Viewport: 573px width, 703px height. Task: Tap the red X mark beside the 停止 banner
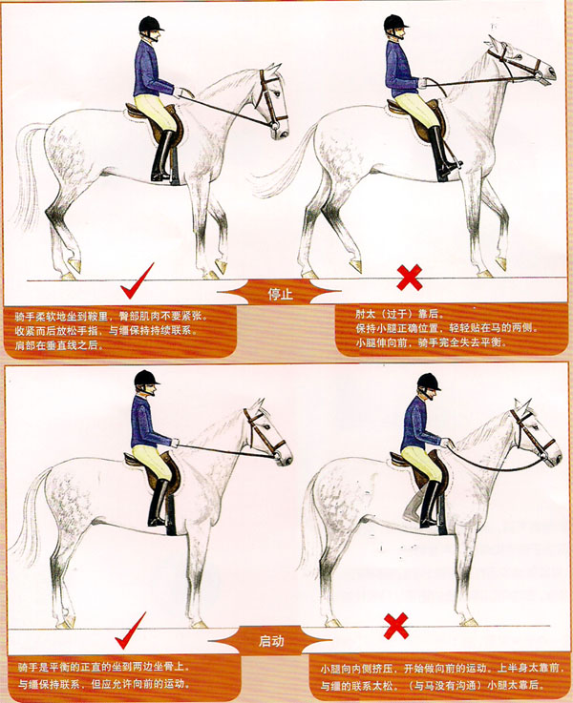[410, 279]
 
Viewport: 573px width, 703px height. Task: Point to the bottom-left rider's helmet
[146, 378]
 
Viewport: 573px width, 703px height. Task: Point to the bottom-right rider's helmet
[429, 381]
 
